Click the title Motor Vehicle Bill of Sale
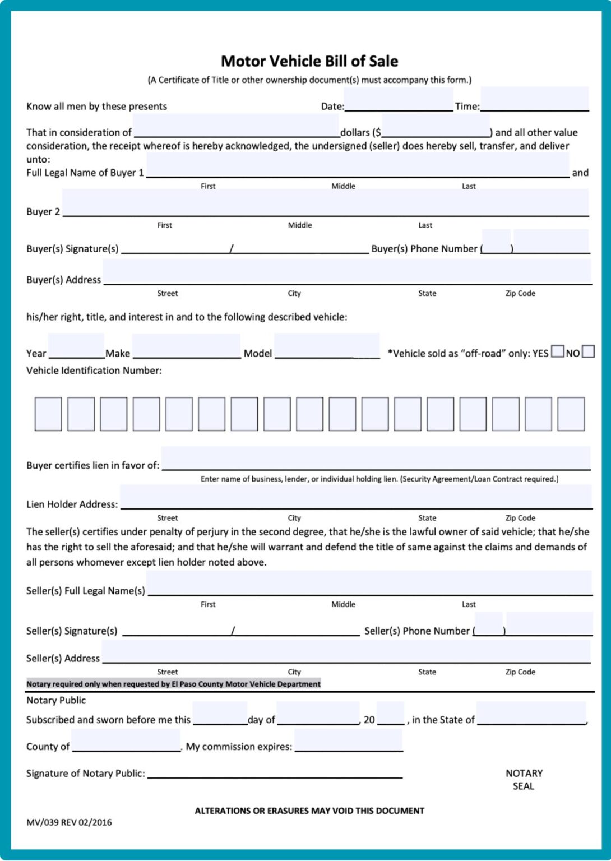(309, 61)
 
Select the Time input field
(534, 100)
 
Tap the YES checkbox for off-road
(557, 352)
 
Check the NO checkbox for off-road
(588, 352)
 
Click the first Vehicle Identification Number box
(48, 414)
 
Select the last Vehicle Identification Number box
(571, 414)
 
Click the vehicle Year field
(76, 346)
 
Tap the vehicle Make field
(186, 346)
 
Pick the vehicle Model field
(327, 346)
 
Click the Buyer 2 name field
(325, 203)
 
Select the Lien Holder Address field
(356, 497)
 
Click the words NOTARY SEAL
(524, 780)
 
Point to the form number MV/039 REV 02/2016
(69, 822)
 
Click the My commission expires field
(349, 740)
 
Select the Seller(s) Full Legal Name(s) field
(369, 584)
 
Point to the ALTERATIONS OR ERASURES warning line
(309, 811)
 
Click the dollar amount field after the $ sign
(436, 126)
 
